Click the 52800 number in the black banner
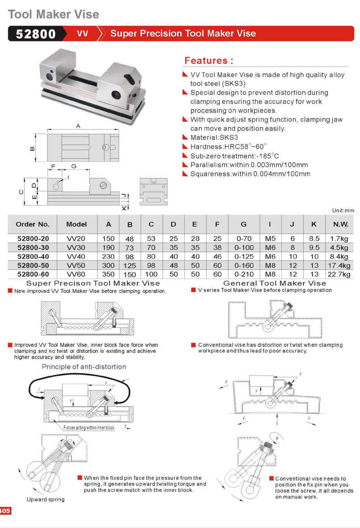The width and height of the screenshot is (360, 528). [x=36, y=34]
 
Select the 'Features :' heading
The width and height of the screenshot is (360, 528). [x=209, y=61]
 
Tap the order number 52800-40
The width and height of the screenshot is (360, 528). [x=33, y=256]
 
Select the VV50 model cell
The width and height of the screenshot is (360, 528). [x=76, y=265]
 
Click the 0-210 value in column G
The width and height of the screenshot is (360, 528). [x=244, y=274]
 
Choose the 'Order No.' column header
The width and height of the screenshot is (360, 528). [x=33, y=224]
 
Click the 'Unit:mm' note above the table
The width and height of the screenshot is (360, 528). [x=343, y=210]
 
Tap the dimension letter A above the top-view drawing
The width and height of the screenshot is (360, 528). [x=78, y=127]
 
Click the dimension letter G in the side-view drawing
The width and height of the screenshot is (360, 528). [x=74, y=166]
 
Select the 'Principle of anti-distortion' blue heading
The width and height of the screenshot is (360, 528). [x=84, y=367]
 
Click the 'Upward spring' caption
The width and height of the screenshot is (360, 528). [x=46, y=499]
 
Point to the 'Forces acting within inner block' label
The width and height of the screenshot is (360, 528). [x=89, y=428]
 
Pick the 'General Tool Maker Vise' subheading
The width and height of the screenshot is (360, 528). [x=274, y=283]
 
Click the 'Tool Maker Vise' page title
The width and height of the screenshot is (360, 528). [x=54, y=14]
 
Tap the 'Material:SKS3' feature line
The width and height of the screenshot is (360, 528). [x=214, y=138]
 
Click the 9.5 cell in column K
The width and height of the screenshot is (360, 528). [x=314, y=247]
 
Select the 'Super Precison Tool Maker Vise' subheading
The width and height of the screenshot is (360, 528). [x=93, y=283]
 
